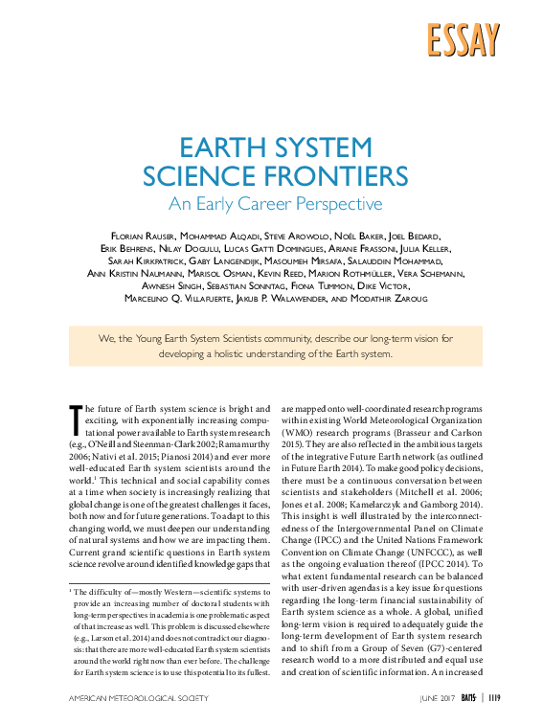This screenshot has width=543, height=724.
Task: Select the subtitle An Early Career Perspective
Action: (x=275, y=204)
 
